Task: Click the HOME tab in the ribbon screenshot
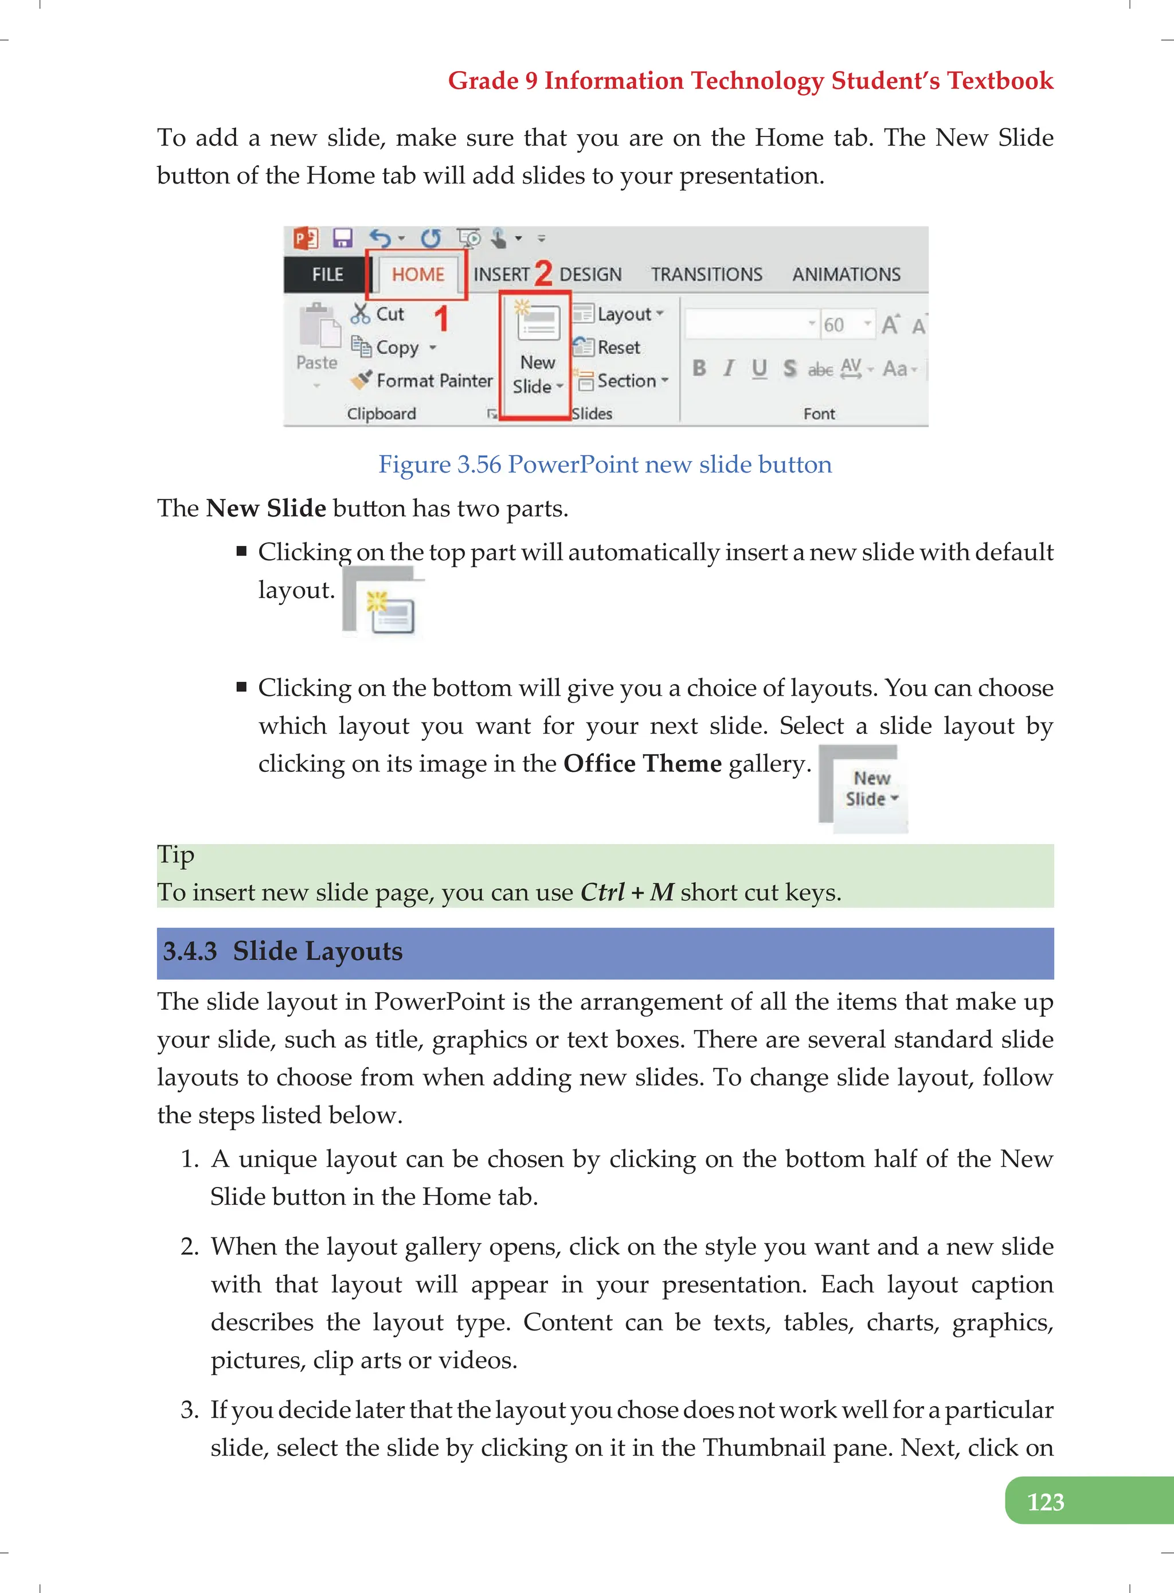tap(417, 274)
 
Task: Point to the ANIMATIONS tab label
tap(846, 274)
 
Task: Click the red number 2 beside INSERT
tap(543, 274)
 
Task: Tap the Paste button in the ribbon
tap(316, 341)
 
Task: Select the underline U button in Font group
tap(759, 368)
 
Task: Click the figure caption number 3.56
tap(479, 464)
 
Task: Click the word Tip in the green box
tap(175, 854)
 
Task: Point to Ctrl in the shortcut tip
tap(602, 892)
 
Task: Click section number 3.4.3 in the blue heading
tap(190, 951)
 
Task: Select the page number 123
tap(1046, 1501)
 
